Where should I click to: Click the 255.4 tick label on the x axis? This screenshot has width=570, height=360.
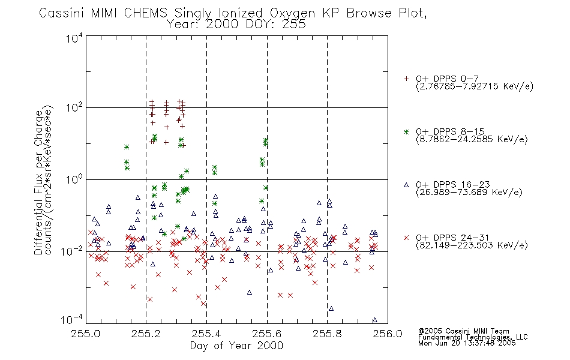click(x=206, y=334)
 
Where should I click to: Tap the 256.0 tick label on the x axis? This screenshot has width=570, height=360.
click(x=388, y=334)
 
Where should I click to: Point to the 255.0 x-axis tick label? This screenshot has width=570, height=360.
click(x=85, y=334)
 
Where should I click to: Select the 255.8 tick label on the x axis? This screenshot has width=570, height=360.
click(x=327, y=334)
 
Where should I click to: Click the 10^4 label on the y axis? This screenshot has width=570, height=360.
click(x=74, y=38)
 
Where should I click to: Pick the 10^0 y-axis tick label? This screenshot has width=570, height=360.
click(x=74, y=179)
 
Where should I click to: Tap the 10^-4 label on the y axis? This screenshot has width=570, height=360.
click(x=71, y=320)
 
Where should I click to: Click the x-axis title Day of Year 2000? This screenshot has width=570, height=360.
click(x=236, y=346)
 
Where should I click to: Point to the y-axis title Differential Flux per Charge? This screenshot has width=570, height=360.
click(x=38, y=182)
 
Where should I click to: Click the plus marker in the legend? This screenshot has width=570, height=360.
click(x=406, y=79)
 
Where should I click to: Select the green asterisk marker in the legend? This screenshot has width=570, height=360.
click(x=406, y=131)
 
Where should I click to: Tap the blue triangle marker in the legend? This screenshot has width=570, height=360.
click(x=406, y=185)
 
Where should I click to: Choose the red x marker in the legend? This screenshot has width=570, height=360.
click(x=406, y=238)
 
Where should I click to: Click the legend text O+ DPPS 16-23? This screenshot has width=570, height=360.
click(x=453, y=185)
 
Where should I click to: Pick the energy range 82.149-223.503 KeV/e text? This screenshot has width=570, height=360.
click(x=472, y=245)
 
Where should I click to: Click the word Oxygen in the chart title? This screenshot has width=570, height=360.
click(x=293, y=13)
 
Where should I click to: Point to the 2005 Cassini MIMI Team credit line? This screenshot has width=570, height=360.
click(x=464, y=331)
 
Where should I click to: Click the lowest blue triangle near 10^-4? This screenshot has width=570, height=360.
click(x=375, y=320)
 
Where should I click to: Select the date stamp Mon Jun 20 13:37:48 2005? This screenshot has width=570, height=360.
click(x=467, y=343)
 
